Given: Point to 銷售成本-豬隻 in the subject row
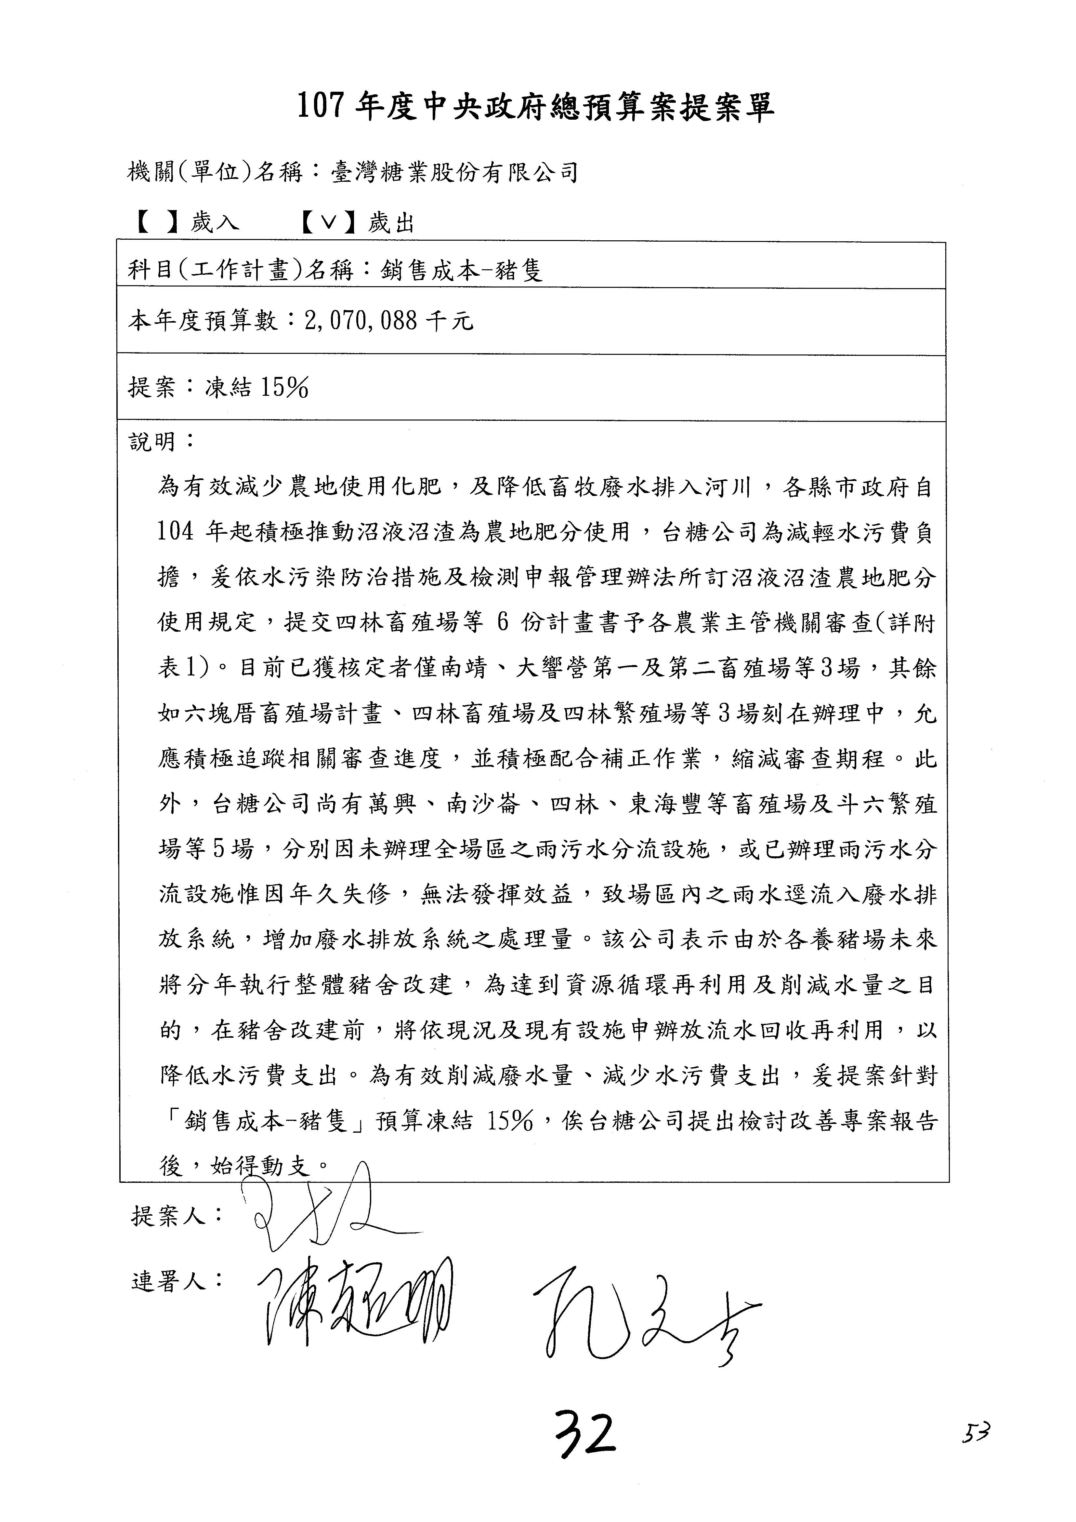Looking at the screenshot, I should (462, 270).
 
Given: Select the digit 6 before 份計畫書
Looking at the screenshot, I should (503, 623).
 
